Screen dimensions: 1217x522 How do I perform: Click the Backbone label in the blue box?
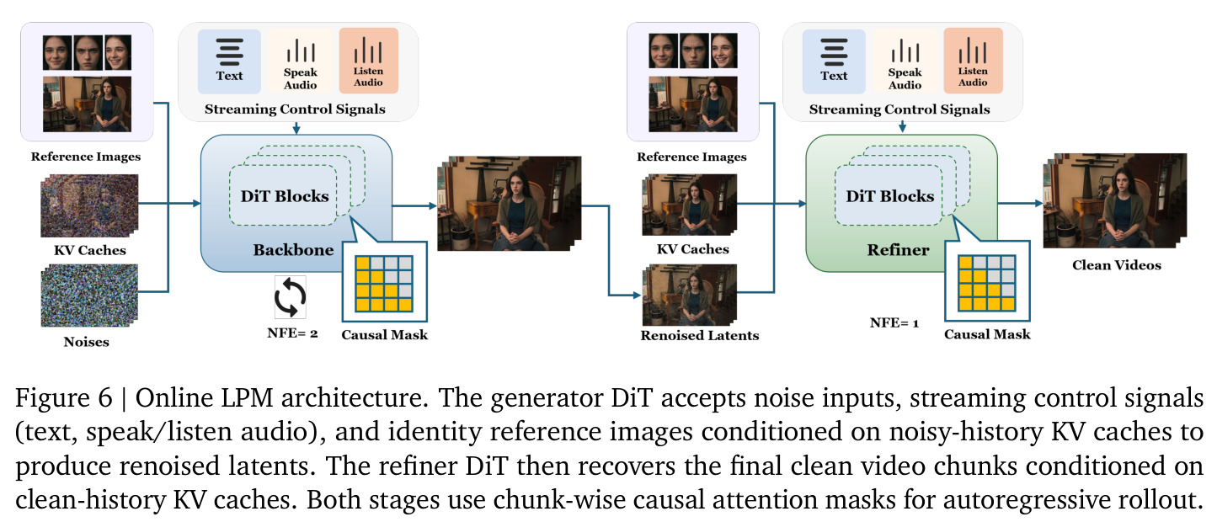[293, 250]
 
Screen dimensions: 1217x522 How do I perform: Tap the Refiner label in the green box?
[898, 250]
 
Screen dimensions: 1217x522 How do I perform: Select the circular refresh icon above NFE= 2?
[290, 297]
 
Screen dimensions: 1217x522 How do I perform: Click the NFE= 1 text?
[894, 323]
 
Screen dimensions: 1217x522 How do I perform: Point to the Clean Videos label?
[1117, 265]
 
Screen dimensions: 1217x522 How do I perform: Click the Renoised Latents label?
[700, 335]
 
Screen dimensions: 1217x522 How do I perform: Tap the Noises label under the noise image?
[87, 342]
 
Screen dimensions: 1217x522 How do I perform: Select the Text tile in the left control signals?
[229, 61]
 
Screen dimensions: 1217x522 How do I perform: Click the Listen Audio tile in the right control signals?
[973, 61]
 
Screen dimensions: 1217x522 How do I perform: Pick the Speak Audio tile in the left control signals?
[300, 61]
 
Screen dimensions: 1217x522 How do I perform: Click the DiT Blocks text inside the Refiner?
[890, 196]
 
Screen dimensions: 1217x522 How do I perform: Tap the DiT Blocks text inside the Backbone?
[285, 196]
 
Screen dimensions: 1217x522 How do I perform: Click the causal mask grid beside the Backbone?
[384, 284]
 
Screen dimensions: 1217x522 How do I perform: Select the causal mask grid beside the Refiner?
[986, 283]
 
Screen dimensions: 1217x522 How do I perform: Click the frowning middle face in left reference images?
[88, 52]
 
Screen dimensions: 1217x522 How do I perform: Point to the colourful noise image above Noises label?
[89, 296]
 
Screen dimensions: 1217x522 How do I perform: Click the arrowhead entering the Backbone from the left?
[197, 204]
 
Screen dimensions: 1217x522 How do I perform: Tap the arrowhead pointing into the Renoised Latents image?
[637, 296]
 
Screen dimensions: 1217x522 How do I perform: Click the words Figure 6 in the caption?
[63, 398]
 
